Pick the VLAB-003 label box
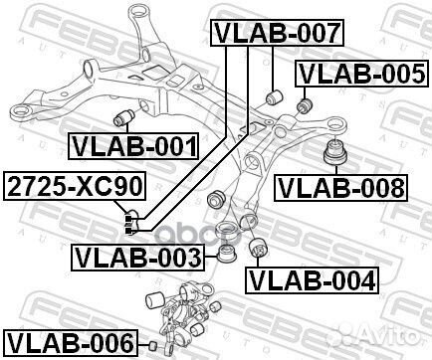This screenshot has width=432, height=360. [x=136, y=260]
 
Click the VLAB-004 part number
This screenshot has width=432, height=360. [x=313, y=279]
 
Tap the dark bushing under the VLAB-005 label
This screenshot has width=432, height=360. [x=305, y=102]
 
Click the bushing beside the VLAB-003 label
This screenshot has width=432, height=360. [x=226, y=257]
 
